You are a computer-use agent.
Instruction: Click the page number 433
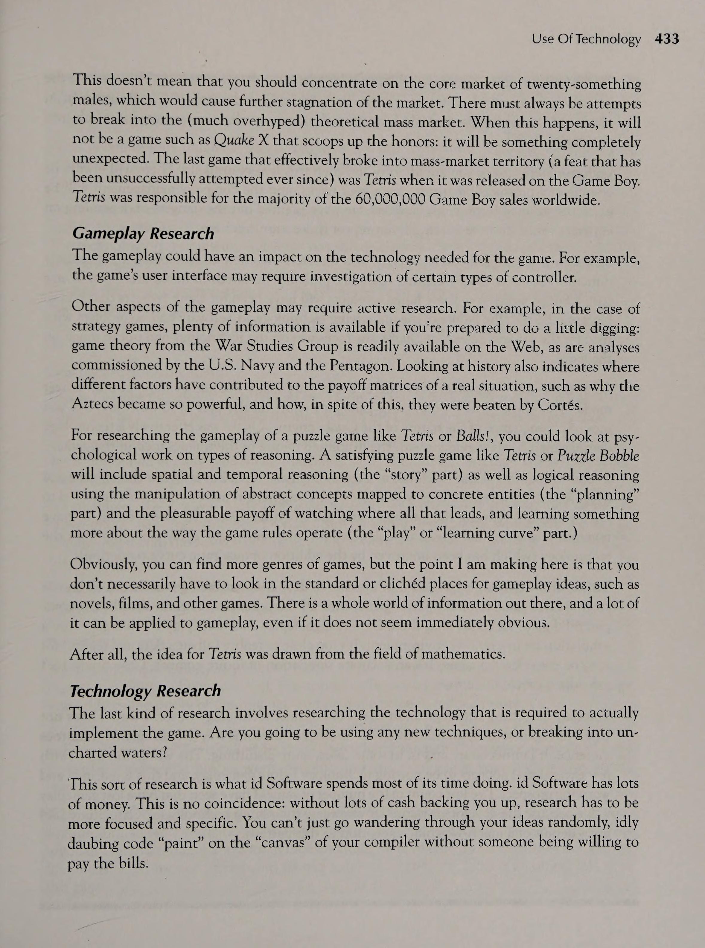pyautogui.click(x=667, y=39)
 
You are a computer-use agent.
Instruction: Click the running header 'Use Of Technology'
pyautogui.click(x=586, y=39)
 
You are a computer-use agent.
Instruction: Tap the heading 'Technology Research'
pyautogui.click(x=145, y=691)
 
